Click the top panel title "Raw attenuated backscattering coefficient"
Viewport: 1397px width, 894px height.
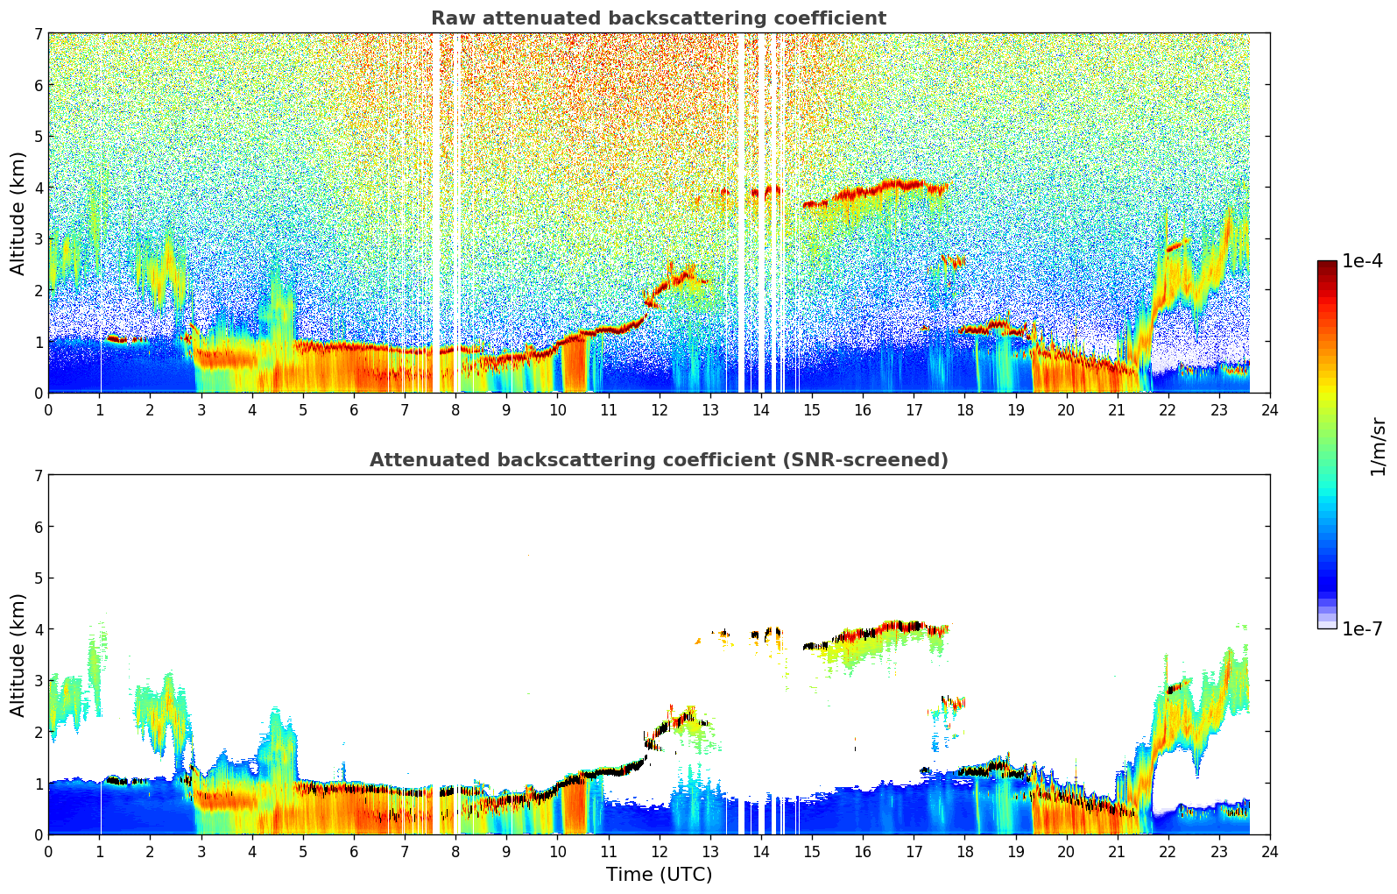tap(658, 18)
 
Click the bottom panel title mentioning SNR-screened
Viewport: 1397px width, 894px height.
tap(658, 460)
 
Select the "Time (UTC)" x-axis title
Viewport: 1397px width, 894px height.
tap(659, 875)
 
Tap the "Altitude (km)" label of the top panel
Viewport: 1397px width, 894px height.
tap(18, 213)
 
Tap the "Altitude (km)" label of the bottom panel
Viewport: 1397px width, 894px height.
tap(18, 655)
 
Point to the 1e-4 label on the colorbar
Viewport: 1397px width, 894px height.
tap(1362, 261)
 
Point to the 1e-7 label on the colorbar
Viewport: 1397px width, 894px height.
tap(1362, 628)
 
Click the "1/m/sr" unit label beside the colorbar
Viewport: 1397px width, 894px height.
tap(1378, 446)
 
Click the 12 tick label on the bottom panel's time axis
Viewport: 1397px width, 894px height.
tap(659, 852)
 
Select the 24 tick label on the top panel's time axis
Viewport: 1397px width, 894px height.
tap(1269, 410)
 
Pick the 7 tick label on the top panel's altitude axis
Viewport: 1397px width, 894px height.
tap(39, 34)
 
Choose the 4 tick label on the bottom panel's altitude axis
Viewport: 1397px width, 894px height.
tap(39, 629)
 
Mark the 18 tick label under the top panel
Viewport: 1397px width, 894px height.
tap(964, 410)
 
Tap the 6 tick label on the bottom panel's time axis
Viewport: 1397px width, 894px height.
tap(354, 852)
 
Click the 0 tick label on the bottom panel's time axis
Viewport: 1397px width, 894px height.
tap(48, 852)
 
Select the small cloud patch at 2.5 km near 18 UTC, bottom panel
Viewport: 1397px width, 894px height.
tap(951, 702)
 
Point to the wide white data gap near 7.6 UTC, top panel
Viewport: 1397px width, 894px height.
tap(436, 210)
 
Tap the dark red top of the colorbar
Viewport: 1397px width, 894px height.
tap(1326, 265)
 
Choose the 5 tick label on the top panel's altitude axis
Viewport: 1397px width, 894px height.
tap(39, 137)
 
